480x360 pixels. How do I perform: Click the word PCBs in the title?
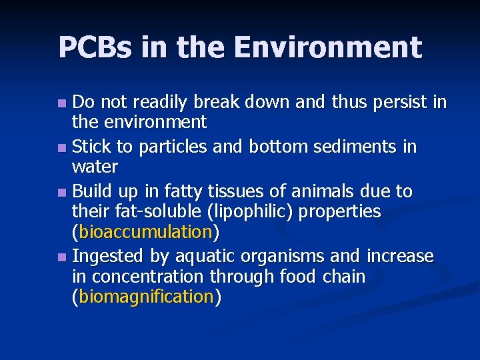coord(97,48)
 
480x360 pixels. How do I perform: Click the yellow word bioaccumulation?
coord(145,232)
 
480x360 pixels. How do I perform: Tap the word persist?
coord(396,103)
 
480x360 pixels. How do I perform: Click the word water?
coord(95,166)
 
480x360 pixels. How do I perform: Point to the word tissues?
coord(241,191)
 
